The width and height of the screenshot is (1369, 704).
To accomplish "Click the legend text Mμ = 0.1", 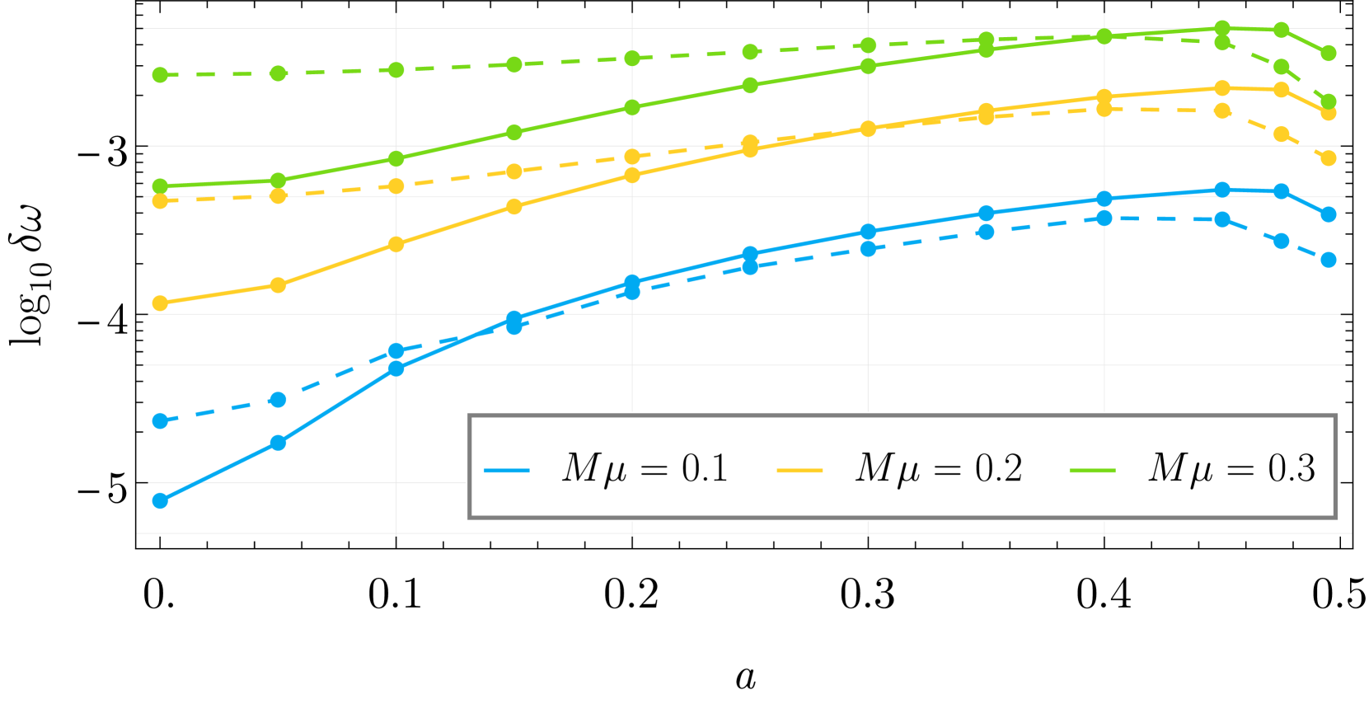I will [645, 468].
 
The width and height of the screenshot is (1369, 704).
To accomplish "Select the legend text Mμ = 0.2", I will [938, 468].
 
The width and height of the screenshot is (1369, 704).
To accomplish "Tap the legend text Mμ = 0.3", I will [1231, 468].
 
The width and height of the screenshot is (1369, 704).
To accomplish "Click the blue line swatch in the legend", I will [506, 470].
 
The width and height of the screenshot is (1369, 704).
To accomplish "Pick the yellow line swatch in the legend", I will [799, 470].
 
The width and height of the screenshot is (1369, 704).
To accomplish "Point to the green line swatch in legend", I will [1092, 470].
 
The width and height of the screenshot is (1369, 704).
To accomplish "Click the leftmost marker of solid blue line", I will [161, 500].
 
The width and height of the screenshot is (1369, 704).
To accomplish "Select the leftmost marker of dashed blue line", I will [161, 421].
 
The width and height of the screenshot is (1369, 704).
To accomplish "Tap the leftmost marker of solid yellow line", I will [161, 303].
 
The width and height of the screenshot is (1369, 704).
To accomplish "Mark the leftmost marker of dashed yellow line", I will [161, 200].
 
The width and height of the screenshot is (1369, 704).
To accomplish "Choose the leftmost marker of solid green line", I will [161, 186].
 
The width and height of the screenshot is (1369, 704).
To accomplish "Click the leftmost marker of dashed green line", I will [161, 75].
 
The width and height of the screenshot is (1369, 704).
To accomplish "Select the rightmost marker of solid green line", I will [1329, 54].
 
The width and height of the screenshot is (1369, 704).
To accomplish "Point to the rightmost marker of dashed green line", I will [1329, 102].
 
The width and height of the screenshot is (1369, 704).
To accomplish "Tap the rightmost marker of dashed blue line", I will [1329, 260].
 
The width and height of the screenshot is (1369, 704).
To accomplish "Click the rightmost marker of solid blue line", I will [1329, 214].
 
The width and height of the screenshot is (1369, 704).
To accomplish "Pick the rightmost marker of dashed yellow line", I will [1329, 158].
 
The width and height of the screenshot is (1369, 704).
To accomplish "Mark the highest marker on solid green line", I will [1222, 29].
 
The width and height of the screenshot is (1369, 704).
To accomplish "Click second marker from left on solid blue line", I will [279, 443].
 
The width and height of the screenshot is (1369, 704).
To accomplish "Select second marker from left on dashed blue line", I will [279, 400].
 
